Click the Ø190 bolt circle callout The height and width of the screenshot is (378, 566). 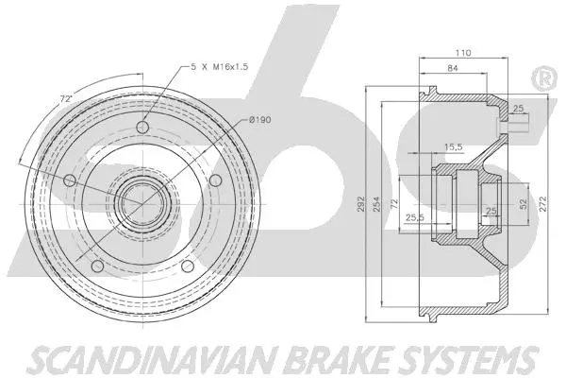click(x=261, y=119)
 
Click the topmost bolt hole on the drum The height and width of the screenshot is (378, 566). click(x=142, y=129)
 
